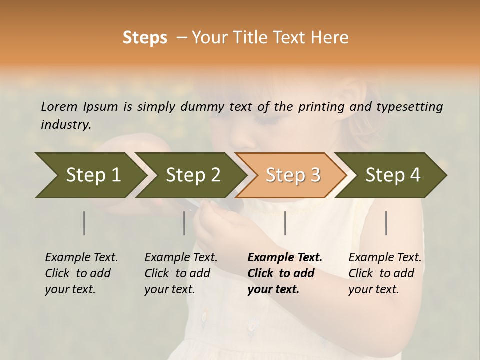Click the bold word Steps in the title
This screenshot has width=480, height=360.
[145, 38]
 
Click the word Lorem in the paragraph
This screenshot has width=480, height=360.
[59, 107]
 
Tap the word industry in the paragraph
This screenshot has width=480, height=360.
[66, 125]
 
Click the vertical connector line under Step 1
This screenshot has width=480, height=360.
[84, 223]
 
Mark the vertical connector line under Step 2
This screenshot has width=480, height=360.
[184, 223]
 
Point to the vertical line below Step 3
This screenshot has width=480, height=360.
[285, 223]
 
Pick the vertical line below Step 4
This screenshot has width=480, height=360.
[386, 223]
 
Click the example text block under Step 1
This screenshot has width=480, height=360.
[81, 273]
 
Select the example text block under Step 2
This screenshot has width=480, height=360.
[181, 273]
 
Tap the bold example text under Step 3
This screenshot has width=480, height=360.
[284, 273]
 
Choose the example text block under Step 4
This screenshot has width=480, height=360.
[385, 273]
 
